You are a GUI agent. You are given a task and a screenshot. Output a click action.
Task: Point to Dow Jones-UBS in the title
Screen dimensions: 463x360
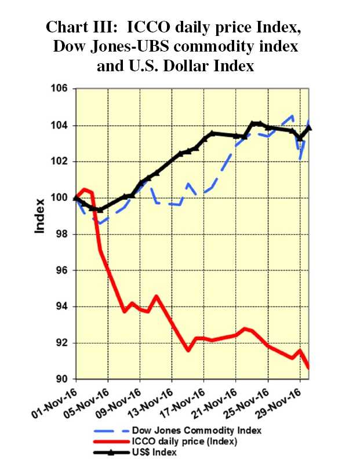click(105, 46)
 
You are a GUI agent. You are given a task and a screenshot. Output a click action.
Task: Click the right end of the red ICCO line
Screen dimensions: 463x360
click(308, 367)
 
